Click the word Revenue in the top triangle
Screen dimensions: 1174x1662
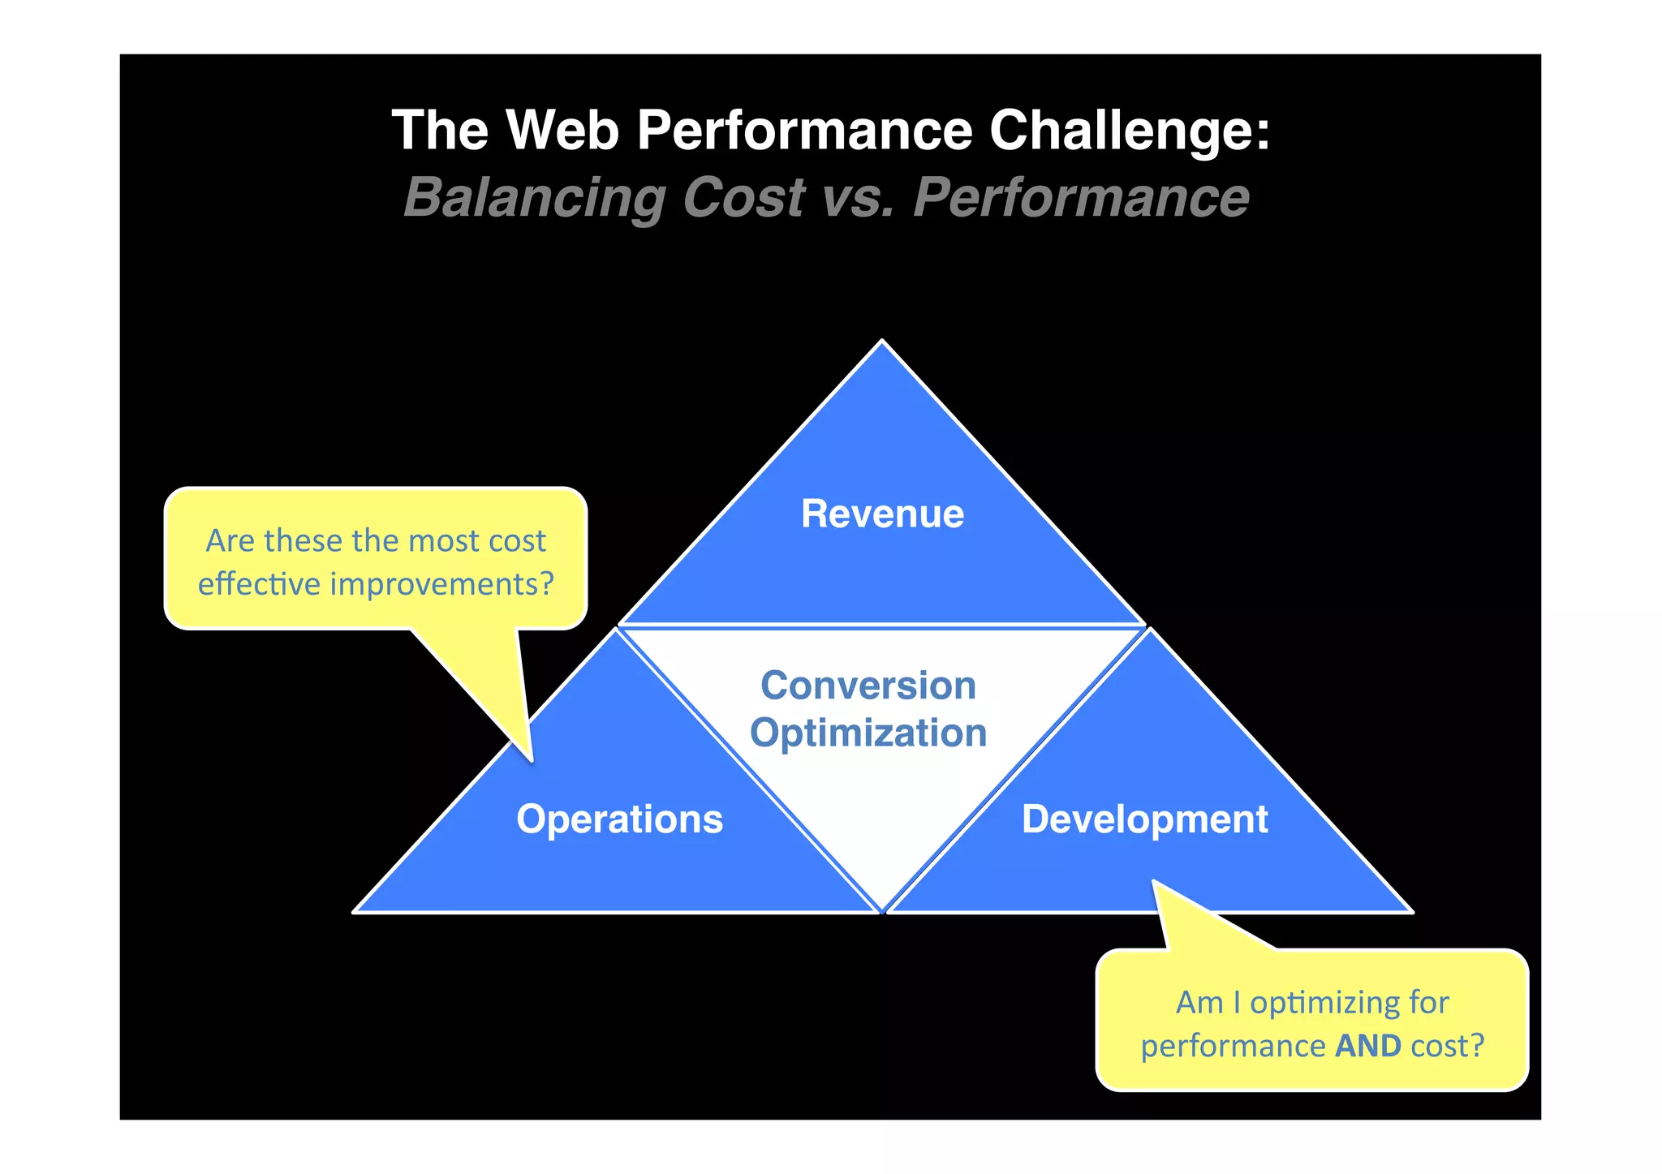(882, 514)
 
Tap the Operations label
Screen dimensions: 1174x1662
(619, 819)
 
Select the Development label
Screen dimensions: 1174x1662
(1144, 819)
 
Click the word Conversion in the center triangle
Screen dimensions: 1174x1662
(868, 686)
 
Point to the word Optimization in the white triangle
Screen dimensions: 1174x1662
(868, 733)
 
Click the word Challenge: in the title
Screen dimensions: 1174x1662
(1129, 130)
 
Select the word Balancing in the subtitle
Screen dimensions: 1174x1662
(534, 198)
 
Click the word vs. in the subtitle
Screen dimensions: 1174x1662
(859, 198)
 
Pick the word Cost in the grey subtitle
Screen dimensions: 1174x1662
(744, 198)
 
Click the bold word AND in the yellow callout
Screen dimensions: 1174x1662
(1368, 1046)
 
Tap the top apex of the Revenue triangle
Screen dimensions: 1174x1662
(882, 342)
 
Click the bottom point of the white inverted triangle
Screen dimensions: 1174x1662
(882, 910)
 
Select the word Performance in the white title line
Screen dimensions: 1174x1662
(804, 130)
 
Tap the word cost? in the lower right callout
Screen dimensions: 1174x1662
(1447, 1046)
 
